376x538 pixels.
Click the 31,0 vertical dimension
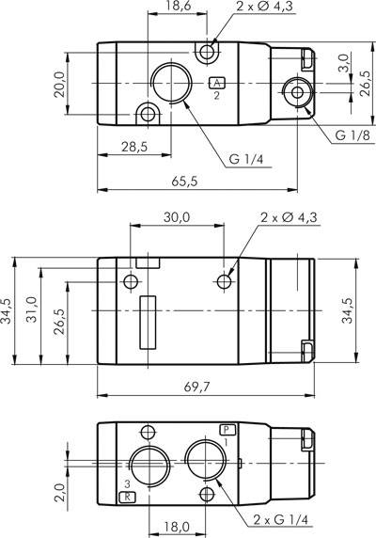pyautogui.click(x=31, y=311)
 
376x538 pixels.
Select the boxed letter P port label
pyautogui.click(x=227, y=430)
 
